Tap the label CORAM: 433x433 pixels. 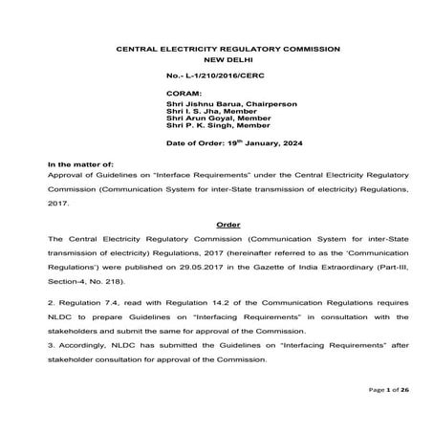185,94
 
